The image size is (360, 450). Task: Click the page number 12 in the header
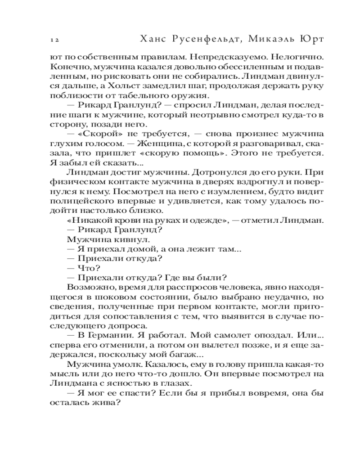(x=55, y=40)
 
